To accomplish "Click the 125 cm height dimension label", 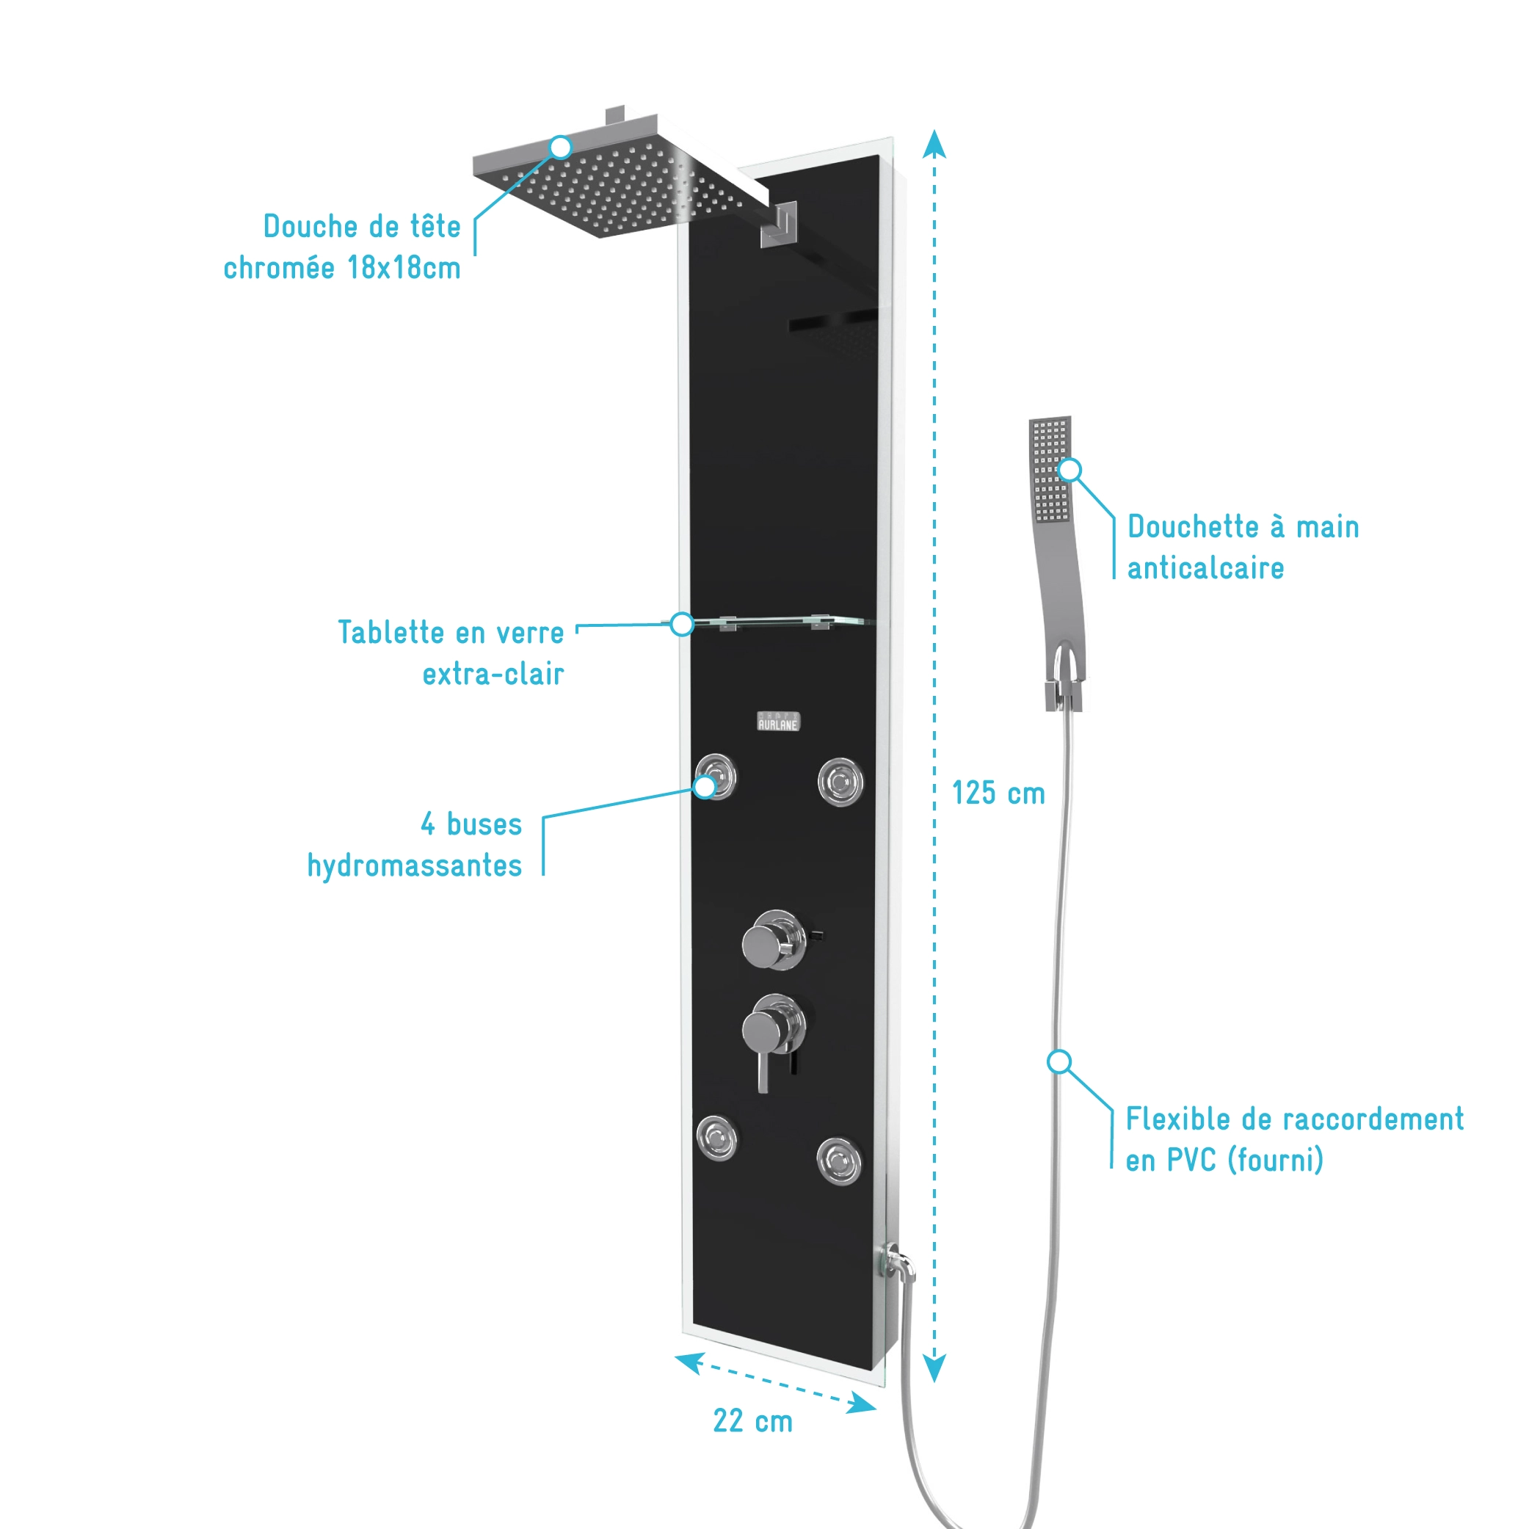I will point(998,793).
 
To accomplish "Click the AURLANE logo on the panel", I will point(778,722).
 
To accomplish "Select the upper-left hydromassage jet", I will point(716,777).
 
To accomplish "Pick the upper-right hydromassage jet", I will point(840,782).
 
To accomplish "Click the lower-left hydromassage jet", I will point(717,1138).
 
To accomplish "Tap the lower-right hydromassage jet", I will point(839,1161).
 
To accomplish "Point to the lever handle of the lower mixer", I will point(763,1072).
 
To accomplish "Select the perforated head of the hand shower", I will point(1051,471).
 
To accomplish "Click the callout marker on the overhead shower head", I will point(560,148).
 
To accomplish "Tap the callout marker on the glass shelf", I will point(682,625).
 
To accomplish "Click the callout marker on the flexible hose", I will point(1059,1062).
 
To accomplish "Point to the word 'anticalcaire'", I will point(1205,568).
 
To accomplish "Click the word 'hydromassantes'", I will point(415,867).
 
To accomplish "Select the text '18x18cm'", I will point(404,268).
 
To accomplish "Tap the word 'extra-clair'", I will point(493,675).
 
